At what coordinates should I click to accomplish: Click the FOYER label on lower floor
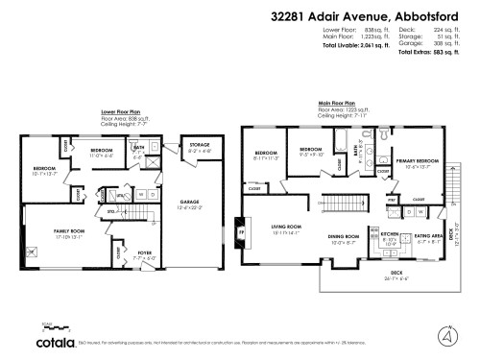[x=132, y=254]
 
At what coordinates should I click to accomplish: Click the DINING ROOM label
[x=344, y=236]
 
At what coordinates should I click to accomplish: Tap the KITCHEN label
[x=389, y=233]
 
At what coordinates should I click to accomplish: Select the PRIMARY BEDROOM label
[x=416, y=161]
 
